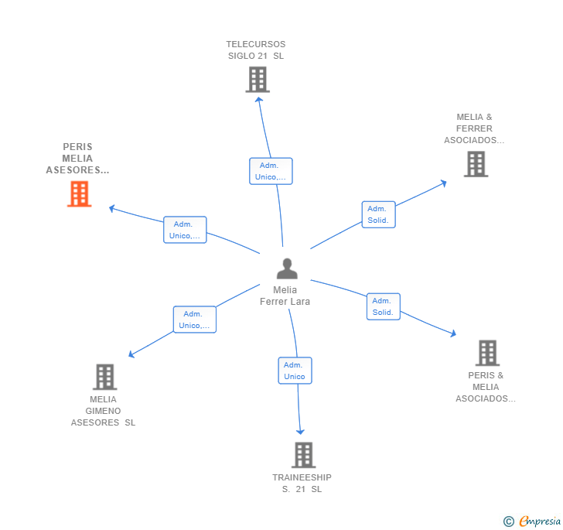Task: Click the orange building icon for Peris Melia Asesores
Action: (79, 193)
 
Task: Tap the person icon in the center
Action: (287, 268)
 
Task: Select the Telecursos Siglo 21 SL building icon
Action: (257, 79)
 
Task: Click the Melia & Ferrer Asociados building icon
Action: (476, 164)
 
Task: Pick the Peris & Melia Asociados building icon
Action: (487, 353)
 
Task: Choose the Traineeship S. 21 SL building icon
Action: (303, 455)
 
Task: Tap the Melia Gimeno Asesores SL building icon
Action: (104, 377)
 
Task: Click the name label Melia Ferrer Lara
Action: (285, 296)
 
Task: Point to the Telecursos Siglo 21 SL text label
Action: (256, 50)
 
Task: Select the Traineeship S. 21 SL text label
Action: (302, 483)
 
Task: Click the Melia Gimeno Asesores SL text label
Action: (103, 411)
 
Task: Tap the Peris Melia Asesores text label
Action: (77, 159)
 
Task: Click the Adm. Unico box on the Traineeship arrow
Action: (295, 371)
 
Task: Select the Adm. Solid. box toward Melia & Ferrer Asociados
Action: (378, 214)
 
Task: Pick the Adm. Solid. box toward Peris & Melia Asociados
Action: (383, 306)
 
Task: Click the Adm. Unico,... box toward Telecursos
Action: (271, 171)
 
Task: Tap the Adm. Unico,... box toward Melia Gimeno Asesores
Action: (194, 320)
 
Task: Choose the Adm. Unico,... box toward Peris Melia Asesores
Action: (185, 230)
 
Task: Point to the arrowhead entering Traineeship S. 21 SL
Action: (301, 432)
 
